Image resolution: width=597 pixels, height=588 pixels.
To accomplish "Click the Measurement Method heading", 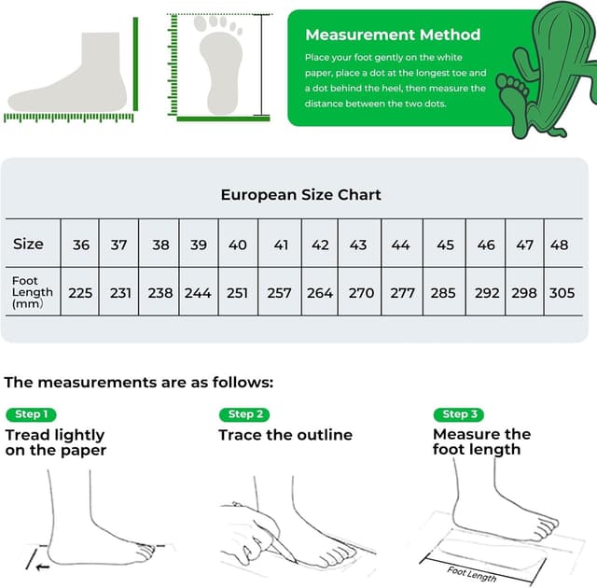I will (393, 35).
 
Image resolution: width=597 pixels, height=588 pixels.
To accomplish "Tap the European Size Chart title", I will (300, 195).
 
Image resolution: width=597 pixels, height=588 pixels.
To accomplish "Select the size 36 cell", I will (81, 245).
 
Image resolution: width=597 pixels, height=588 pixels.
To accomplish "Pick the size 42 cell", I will (320, 245).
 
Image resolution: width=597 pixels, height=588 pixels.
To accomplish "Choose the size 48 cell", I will (560, 245).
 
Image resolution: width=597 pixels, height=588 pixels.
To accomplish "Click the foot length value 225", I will (81, 292).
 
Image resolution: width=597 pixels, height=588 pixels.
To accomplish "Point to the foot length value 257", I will (279, 292).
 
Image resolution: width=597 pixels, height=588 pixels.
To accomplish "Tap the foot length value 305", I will (562, 292).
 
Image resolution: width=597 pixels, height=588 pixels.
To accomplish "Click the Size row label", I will (28, 244).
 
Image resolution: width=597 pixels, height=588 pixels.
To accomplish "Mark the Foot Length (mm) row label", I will (32, 291).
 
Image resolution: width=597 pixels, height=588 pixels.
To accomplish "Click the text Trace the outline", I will (285, 435).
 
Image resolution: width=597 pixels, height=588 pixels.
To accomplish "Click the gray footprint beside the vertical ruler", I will (217, 63).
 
